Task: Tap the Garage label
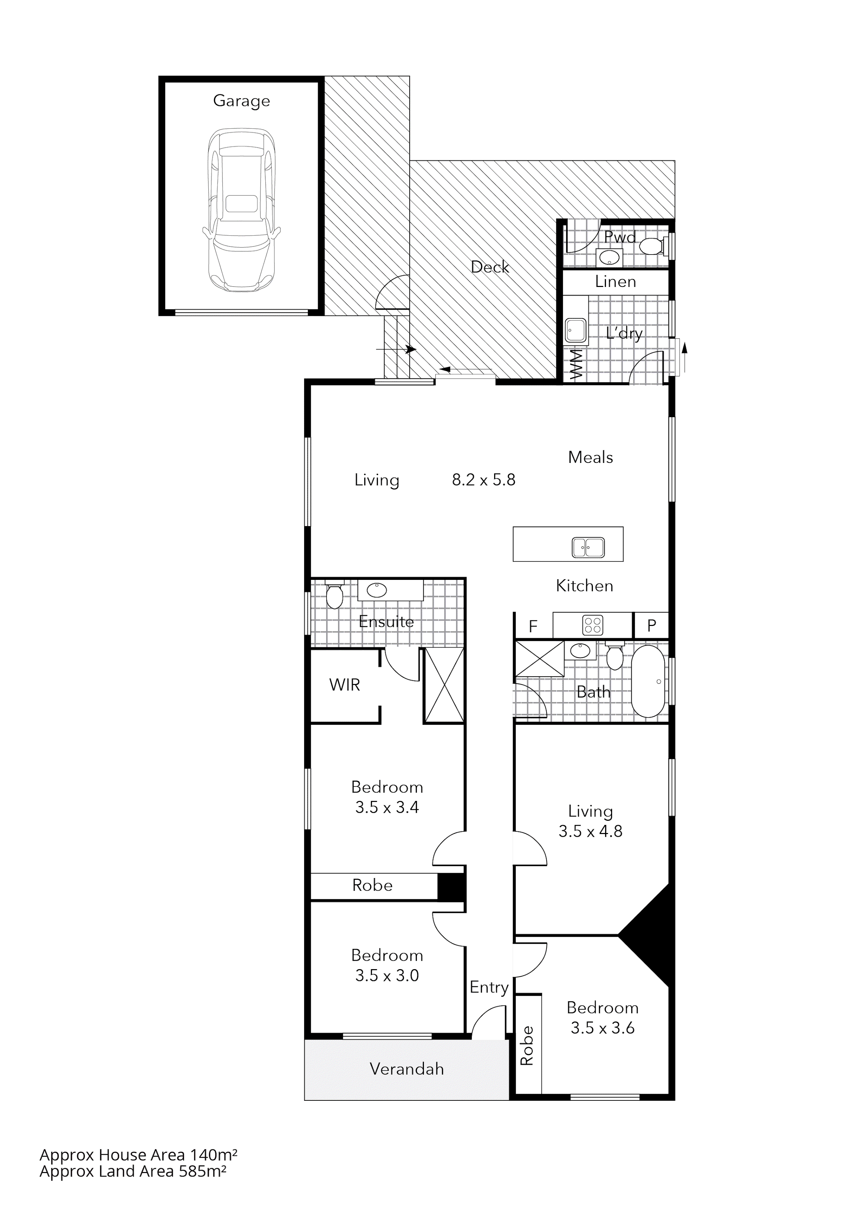click(242, 101)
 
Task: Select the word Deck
click(490, 267)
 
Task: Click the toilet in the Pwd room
click(652, 246)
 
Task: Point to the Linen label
click(615, 281)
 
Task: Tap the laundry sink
click(575, 331)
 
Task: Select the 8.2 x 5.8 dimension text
click(484, 480)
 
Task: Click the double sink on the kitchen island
click(588, 547)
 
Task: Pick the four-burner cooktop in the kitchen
click(593, 625)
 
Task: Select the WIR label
click(345, 685)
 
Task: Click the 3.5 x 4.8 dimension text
click(590, 831)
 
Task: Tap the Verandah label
click(406, 1069)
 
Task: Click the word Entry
click(489, 987)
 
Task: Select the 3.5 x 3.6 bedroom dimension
click(603, 1028)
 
